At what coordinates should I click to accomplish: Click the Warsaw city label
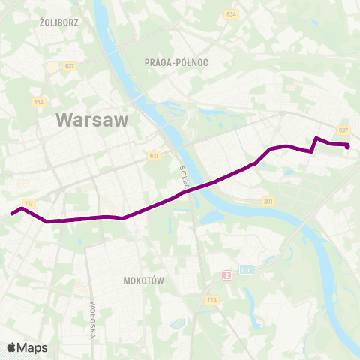tap(92, 120)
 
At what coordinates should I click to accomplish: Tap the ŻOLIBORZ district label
tap(59, 22)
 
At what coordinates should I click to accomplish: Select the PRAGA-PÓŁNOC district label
tap(175, 64)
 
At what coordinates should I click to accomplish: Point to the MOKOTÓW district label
tap(142, 280)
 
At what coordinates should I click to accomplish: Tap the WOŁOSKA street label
tap(93, 319)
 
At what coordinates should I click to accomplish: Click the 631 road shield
tap(154, 156)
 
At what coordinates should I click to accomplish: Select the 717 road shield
tap(29, 204)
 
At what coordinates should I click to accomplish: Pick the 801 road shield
tap(269, 202)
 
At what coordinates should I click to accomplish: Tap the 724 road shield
tap(213, 299)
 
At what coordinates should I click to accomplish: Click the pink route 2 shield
tap(227, 275)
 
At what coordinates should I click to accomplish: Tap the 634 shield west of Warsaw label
tap(38, 102)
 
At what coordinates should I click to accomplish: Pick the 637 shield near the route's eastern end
tap(343, 130)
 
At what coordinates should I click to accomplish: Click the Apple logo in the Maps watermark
tap(11, 347)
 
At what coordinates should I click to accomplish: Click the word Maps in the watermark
tap(32, 347)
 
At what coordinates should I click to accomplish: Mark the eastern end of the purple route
tap(348, 147)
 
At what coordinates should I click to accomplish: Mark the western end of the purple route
tap(12, 214)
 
